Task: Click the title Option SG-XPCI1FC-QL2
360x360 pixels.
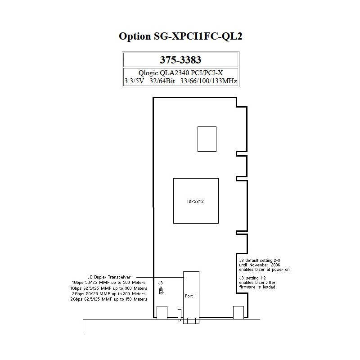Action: (180, 36)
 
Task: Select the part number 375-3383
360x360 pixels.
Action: (180, 60)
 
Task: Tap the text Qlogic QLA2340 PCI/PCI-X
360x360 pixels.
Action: (180, 73)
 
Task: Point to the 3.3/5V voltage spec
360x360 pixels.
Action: (134, 81)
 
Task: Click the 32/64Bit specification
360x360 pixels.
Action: (162, 81)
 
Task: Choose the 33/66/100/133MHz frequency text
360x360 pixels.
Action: (208, 81)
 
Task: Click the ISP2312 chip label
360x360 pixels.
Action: (195, 202)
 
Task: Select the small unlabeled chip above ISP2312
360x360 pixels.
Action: (207, 139)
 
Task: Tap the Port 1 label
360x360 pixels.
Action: (191, 296)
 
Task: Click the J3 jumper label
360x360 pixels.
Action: (161, 283)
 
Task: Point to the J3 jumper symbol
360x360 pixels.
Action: (161, 291)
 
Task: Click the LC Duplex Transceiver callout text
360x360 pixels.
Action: (109, 277)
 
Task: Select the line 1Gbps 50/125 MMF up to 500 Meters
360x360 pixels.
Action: (109, 283)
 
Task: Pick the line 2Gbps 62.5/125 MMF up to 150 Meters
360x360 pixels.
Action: (109, 299)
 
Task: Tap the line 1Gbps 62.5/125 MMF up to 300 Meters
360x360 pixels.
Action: (109, 288)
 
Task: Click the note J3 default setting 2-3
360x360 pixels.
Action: (260, 261)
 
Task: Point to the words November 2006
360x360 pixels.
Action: (265, 265)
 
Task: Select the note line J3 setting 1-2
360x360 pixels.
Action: (252, 278)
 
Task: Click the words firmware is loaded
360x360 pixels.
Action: (257, 287)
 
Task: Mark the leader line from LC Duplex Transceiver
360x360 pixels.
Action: (160, 277)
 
